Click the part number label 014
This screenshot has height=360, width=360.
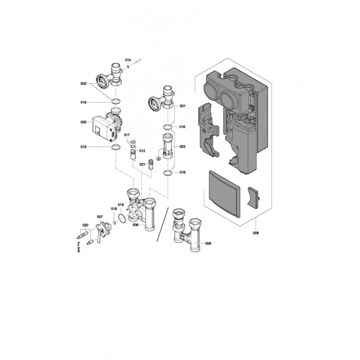click(x=128, y=60)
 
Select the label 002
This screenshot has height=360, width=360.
click(x=83, y=84)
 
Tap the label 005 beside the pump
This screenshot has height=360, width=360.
click(x=83, y=122)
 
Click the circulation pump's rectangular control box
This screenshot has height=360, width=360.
click(x=102, y=129)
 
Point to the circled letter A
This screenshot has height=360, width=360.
click(x=158, y=158)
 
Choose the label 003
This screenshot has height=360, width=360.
click(x=182, y=147)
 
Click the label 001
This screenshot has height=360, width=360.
click(x=183, y=106)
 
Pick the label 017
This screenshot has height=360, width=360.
click(x=127, y=135)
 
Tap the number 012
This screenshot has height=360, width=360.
click(x=142, y=151)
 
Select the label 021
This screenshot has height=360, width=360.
click(x=142, y=164)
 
